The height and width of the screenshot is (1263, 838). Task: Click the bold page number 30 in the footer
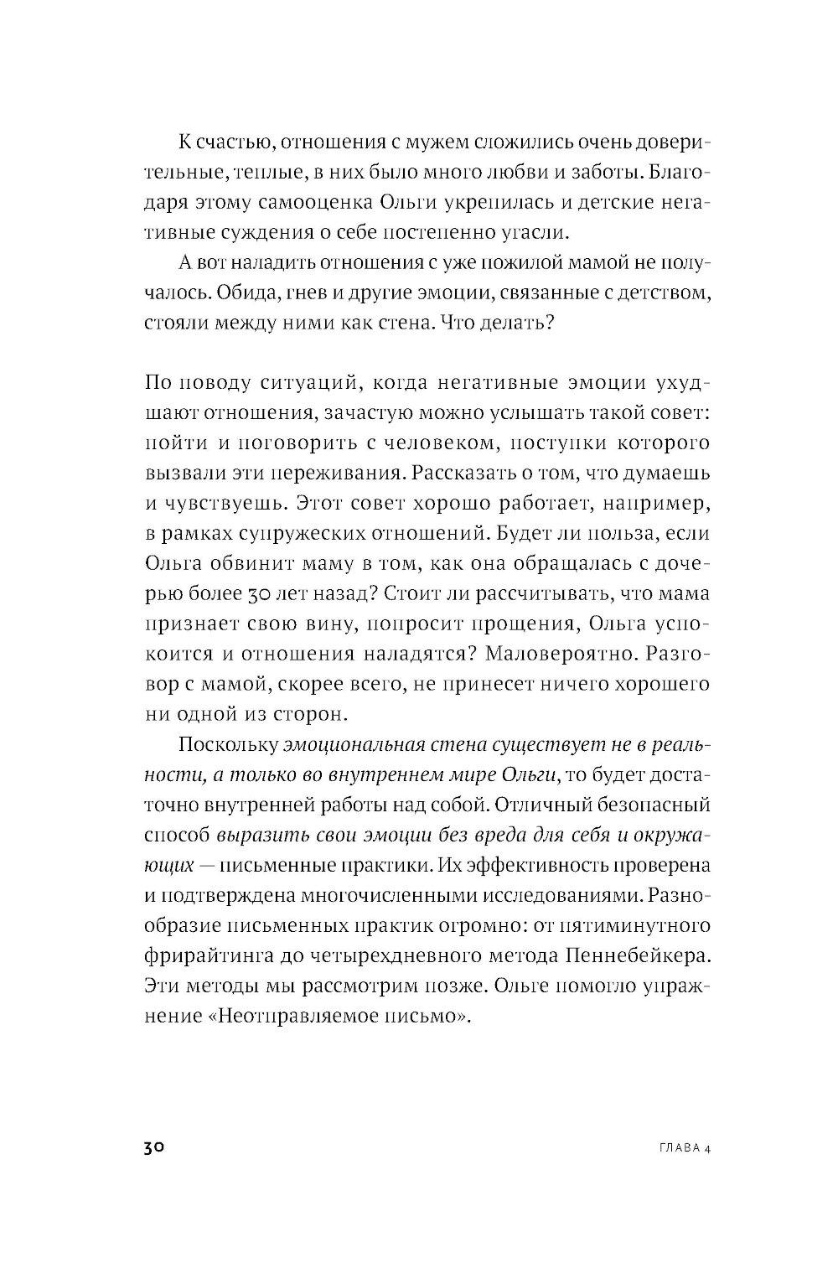tap(158, 1147)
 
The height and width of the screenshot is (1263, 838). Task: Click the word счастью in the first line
tap(226, 142)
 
